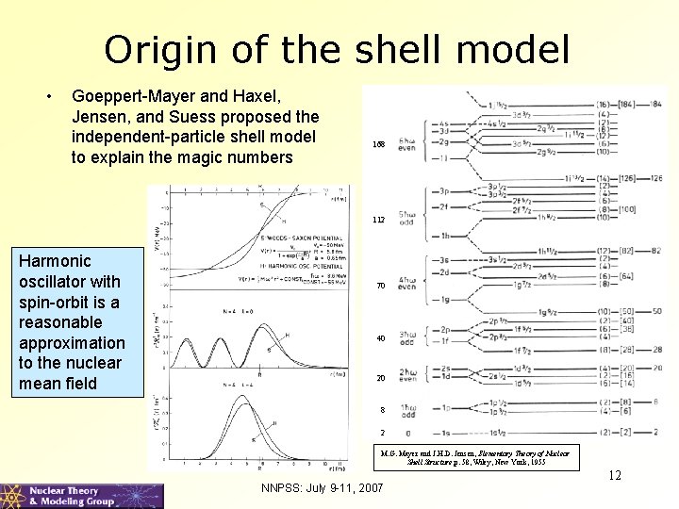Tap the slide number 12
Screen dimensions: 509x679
coord(614,475)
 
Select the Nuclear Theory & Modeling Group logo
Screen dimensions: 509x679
coord(82,496)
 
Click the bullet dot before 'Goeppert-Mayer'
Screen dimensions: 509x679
coord(49,95)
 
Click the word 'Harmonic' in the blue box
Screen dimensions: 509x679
coord(56,260)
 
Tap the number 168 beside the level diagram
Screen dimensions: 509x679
coord(379,144)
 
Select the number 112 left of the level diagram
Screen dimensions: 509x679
coord(379,220)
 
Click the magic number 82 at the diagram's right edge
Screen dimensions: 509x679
coord(655,250)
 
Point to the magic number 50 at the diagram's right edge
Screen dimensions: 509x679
coord(655,312)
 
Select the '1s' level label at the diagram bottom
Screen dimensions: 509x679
coord(444,433)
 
